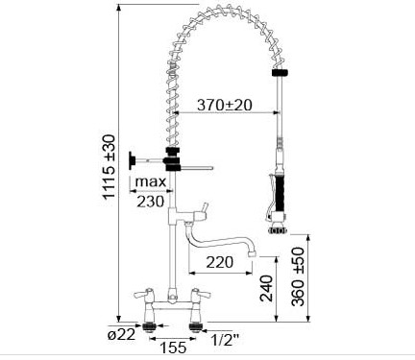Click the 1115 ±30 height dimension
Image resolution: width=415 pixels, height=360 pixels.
(x=109, y=167)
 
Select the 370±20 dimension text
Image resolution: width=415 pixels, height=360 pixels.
(x=225, y=105)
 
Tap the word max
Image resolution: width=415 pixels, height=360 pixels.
(x=151, y=181)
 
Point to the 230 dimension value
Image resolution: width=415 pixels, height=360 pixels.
(x=150, y=202)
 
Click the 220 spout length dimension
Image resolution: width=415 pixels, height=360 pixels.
(x=220, y=262)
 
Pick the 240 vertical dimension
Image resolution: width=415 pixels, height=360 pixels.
(x=266, y=288)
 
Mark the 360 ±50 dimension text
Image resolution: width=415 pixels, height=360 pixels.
(x=298, y=276)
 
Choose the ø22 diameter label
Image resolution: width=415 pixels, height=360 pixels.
(x=122, y=335)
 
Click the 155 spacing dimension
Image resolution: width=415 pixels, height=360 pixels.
(x=173, y=348)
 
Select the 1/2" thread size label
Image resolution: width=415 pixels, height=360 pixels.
(x=226, y=340)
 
